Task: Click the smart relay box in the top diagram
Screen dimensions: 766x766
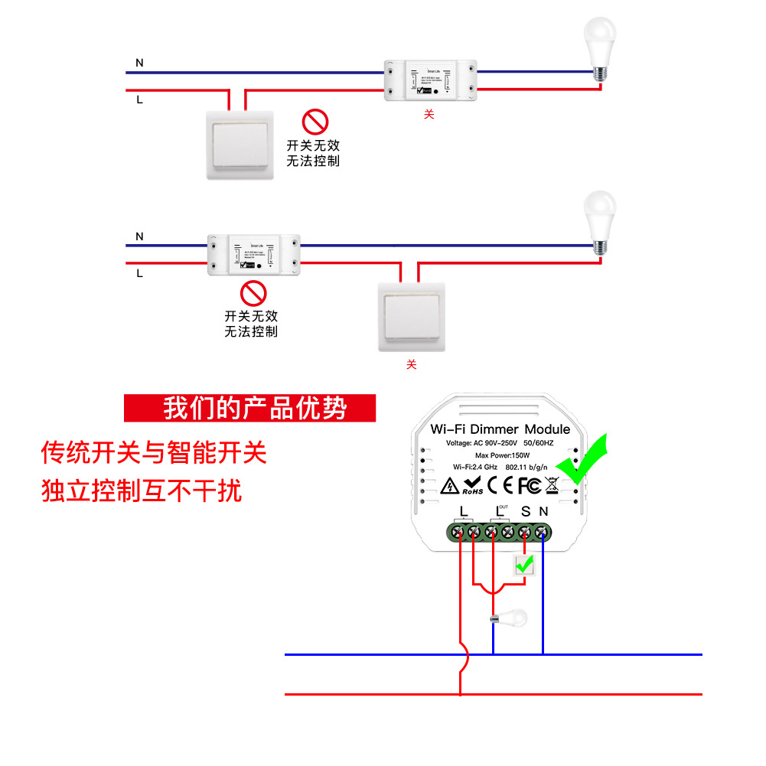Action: (x=432, y=81)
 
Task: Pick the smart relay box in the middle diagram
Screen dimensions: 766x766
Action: (x=254, y=255)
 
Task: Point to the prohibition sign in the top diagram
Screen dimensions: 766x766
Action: (x=315, y=121)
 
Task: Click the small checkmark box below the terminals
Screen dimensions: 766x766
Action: (x=524, y=566)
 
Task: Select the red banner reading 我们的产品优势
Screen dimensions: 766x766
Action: (x=250, y=408)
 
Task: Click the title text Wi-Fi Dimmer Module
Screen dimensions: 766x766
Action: (x=500, y=429)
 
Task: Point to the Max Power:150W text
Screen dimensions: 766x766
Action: (x=500, y=456)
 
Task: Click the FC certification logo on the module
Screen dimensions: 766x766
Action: (x=529, y=484)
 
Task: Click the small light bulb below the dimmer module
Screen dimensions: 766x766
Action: (x=510, y=618)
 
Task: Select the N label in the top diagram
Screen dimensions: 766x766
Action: (x=139, y=63)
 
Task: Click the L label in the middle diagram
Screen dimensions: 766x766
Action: (x=139, y=272)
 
